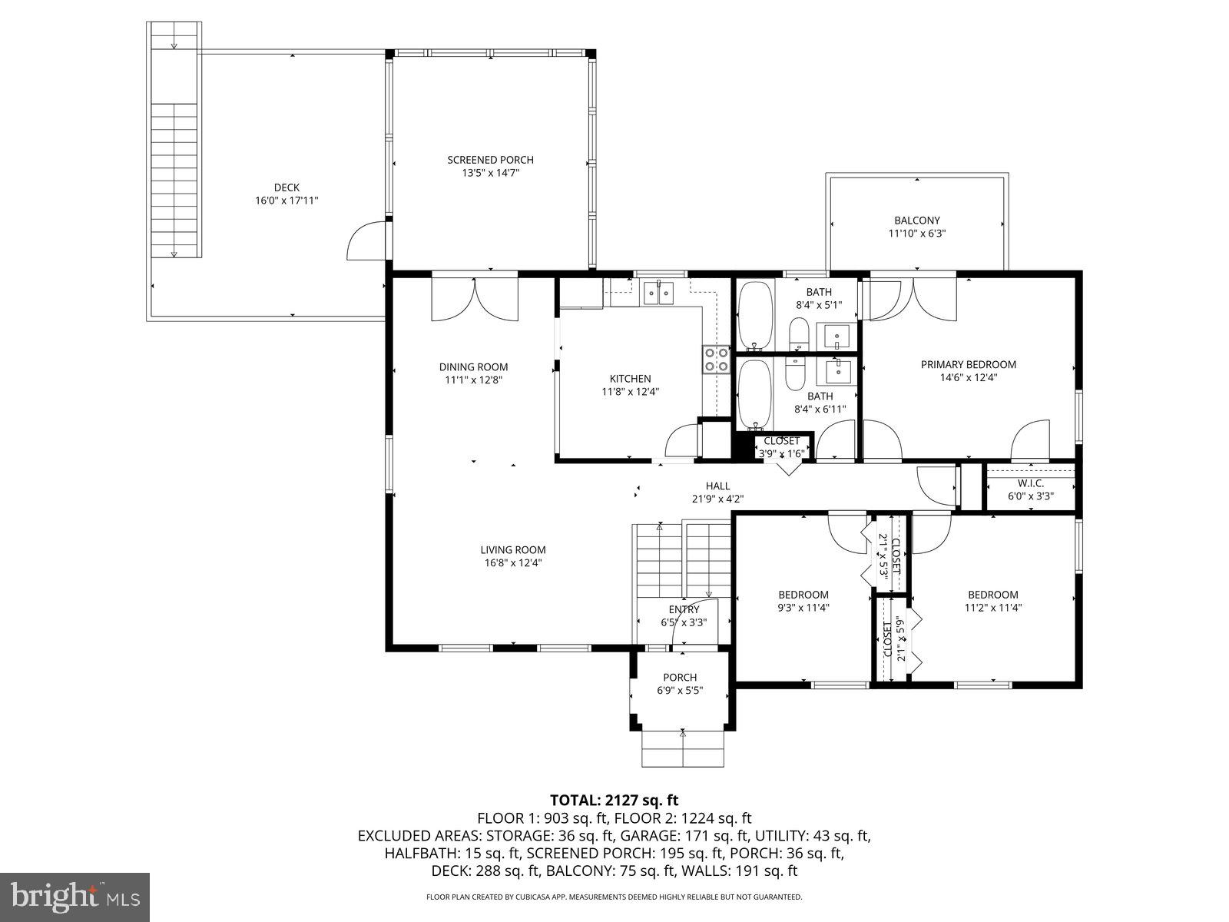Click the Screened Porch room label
click(x=490, y=160)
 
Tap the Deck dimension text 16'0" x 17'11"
click(x=287, y=201)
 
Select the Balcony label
click(x=916, y=221)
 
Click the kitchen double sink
click(x=658, y=292)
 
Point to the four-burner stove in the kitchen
click(x=716, y=360)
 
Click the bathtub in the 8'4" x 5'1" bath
click(x=755, y=315)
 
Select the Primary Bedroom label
click(x=968, y=364)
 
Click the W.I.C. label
click(x=1030, y=483)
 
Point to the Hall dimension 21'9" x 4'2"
click(x=717, y=499)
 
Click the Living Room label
click(x=513, y=549)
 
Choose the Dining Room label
click(x=473, y=366)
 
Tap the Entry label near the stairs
click(x=684, y=610)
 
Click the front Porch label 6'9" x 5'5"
click(x=680, y=677)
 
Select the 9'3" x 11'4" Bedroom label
click(x=803, y=595)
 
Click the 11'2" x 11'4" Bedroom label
click(x=992, y=595)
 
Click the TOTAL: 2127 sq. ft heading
click(x=614, y=800)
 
